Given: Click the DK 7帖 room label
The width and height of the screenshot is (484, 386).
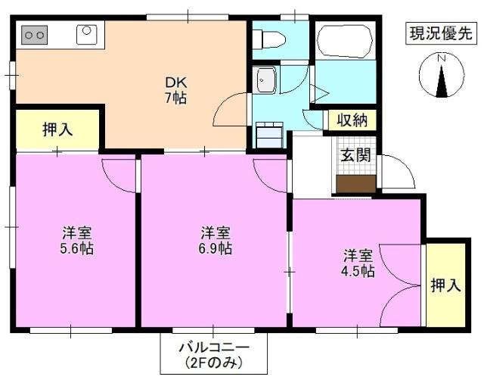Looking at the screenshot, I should pos(175,90).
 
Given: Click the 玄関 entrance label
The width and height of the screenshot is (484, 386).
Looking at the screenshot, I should pos(355,156).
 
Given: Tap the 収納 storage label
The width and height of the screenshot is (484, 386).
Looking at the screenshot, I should pos(352,120).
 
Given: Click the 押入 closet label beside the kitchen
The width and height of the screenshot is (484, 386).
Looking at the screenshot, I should pos(57,129).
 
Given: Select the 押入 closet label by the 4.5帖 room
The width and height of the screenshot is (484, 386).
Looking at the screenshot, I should pos(445,285).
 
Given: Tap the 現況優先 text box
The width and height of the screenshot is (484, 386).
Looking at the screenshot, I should pos(441,33).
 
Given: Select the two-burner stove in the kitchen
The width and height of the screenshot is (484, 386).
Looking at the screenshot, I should pos(34,34).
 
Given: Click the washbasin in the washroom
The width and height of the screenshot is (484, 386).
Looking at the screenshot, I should pos(265,79).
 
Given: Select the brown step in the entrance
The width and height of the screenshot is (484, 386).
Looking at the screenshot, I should pos(355,184).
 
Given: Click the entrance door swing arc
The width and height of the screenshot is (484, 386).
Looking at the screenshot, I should pos(399,171).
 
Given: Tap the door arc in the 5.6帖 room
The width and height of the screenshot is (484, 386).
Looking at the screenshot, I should pos(119,174).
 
